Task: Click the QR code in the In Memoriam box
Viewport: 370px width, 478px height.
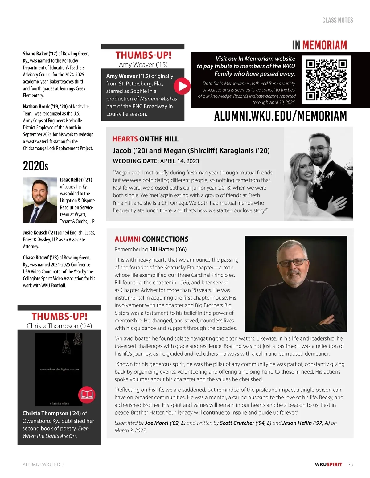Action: tap(327, 80)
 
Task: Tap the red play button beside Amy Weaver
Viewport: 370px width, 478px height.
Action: tap(182, 86)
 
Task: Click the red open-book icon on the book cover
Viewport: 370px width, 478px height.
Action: tap(87, 395)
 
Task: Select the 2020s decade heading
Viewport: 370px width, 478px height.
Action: tap(35, 166)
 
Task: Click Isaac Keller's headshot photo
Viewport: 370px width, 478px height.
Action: tap(40, 200)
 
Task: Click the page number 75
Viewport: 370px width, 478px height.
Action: tap(350, 464)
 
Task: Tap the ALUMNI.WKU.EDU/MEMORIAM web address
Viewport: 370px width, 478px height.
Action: tap(280, 116)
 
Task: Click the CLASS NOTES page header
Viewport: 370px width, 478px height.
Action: tap(337, 20)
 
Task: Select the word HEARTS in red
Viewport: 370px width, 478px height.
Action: tap(125, 139)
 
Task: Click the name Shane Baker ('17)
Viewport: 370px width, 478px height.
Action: tap(40, 54)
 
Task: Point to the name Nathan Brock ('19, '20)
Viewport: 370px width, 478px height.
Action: tap(45, 107)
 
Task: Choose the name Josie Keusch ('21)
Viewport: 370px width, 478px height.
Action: tap(40, 233)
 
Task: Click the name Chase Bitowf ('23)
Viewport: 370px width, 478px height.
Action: tap(40, 258)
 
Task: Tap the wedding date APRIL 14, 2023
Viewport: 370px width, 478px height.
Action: tap(179, 161)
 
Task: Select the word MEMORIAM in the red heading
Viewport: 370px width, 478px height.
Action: tap(324, 45)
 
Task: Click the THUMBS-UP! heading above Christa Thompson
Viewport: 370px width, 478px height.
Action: tap(59, 316)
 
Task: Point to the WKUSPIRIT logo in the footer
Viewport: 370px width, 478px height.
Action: tap(328, 464)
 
